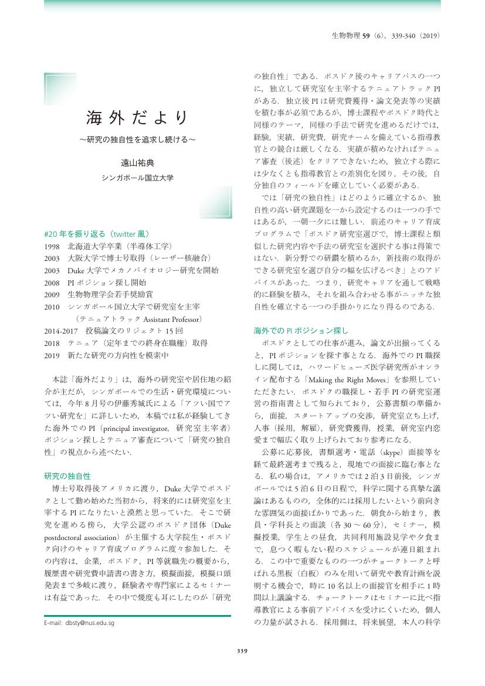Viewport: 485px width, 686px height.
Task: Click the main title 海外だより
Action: [x=138, y=117]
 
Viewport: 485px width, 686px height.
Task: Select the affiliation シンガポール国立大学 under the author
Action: [x=138, y=176]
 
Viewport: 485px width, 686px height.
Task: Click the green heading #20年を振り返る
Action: [x=97, y=233]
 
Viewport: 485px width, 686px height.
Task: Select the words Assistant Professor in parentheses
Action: [x=171, y=319]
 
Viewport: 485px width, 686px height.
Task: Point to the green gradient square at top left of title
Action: [x=60, y=89]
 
